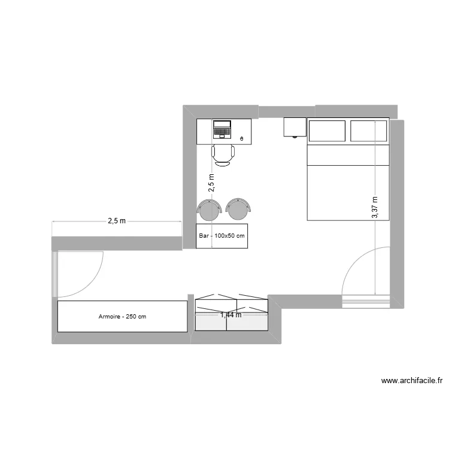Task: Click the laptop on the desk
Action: click(222, 129)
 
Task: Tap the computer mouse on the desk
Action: click(241, 138)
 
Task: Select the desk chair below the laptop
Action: click(223, 154)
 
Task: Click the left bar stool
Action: click(210, 210)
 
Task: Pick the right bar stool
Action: click(239, 209)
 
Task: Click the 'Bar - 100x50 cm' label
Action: click(222, 236)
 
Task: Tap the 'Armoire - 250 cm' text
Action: click(122, 317)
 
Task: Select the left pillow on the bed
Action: click(327, 131)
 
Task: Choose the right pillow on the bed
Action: click(369, 131)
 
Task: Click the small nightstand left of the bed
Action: click(295, 127)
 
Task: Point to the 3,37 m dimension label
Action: click(375, 207)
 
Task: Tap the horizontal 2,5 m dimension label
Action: click(117, 221)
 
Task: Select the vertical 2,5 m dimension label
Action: click(211, 183)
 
